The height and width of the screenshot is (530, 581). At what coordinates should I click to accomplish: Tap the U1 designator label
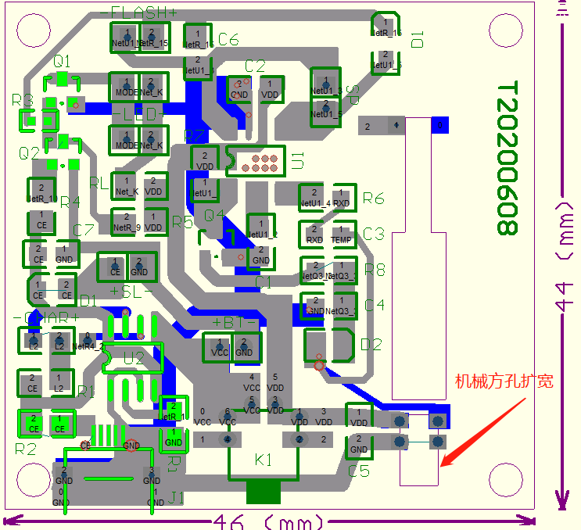point(297,161)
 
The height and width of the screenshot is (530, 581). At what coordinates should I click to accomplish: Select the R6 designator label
point(374,199)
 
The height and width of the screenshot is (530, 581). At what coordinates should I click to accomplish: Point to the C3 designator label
point(374,234)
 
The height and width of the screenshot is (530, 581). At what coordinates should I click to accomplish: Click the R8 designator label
point(375,270)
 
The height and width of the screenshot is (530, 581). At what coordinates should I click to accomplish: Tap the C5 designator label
point(359,471)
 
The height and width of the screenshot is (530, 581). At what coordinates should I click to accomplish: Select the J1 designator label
point(177,497)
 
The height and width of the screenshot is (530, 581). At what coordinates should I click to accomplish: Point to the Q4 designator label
point(214,214)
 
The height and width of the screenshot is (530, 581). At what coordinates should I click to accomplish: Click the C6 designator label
point(228,39)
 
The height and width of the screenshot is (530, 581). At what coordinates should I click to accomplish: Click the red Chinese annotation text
point(504,381)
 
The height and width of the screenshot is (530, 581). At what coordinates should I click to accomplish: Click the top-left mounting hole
point(32,30)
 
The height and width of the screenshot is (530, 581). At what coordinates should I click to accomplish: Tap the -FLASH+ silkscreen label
point(139,12)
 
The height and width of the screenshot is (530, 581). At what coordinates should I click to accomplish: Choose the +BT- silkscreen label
point(235,322)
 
